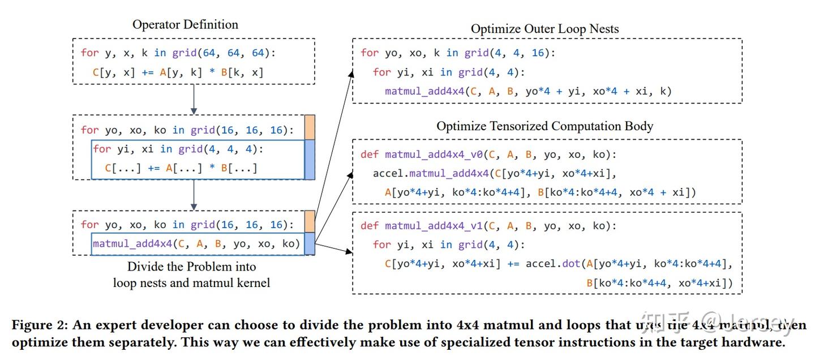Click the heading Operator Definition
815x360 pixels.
(x=185, y=24)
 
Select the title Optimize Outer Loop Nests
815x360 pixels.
(x=545, y=28)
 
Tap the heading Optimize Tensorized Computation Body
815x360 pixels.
(x=544, y=126)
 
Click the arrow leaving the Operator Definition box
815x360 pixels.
(x=194, y=99)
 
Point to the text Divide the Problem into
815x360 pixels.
(x=191, y=266)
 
